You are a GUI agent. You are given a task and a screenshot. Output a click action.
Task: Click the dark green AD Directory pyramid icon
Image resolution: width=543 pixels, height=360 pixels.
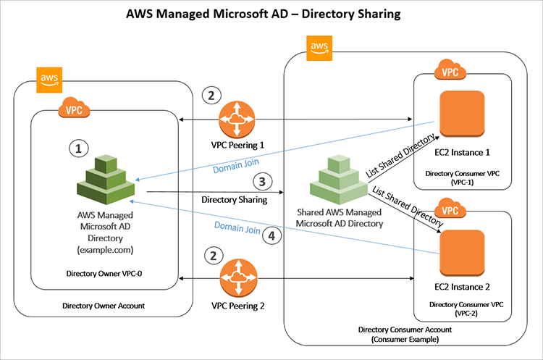tap(104, 177)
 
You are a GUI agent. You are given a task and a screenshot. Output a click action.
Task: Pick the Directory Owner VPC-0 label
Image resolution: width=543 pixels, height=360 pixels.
tap(104, 275)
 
